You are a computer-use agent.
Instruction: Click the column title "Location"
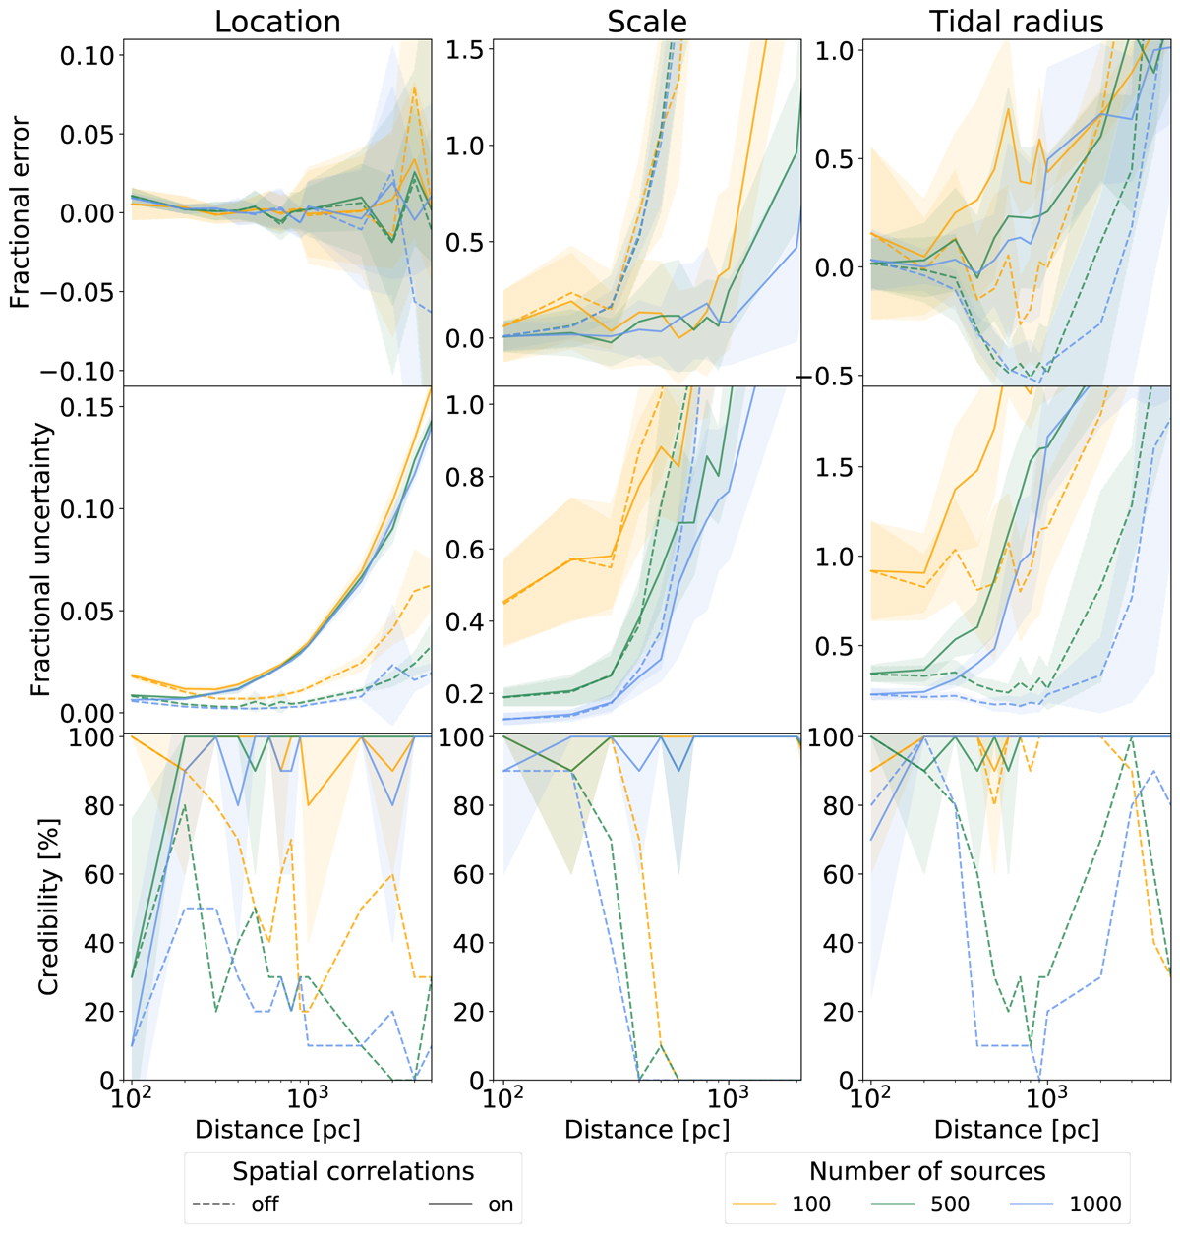click(277, 22)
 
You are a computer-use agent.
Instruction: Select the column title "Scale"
click(646, 22)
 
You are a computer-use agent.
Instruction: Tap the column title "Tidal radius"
click(1017, 22)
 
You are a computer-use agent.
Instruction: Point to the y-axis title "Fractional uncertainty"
click(39, 558)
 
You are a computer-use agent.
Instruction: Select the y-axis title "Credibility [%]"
click(47, 905)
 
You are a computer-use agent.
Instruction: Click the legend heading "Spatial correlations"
click(353, 1171)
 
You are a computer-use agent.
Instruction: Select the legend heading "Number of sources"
click(927, 1171)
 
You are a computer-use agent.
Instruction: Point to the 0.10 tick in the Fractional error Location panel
click(87, 56)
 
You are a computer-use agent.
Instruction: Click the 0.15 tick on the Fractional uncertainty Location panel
click(87, 406)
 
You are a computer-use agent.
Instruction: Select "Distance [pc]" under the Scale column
click(647, 1130)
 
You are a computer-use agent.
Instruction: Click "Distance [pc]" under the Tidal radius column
click(1017, 1130)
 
